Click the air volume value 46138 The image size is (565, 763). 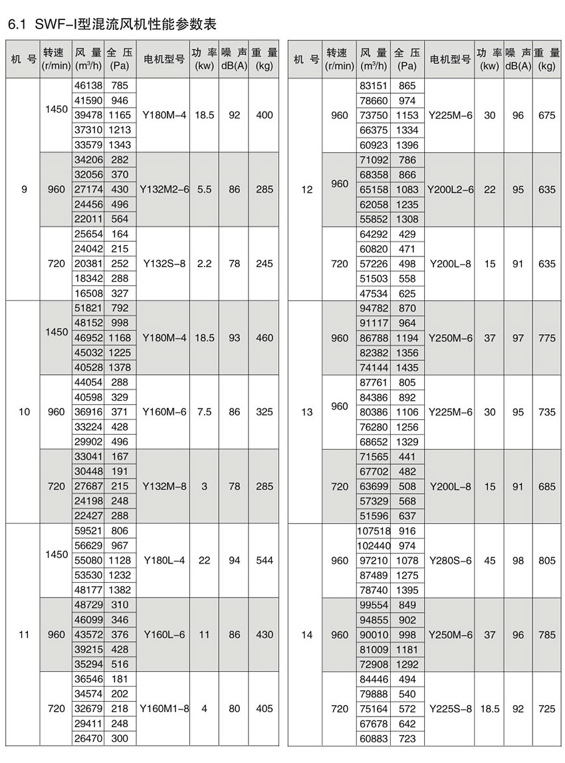(88, 86)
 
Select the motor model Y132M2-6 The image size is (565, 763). (165, 189)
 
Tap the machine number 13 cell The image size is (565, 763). (306, 412)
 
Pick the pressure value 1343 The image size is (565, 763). (120, 145)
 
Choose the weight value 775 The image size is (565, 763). (546, 338)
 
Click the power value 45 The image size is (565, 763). (489, 561)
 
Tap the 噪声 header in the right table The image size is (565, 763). (518, 53)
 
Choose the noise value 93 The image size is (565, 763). (234, 338)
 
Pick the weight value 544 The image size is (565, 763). (264, 561)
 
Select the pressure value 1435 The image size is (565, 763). (407, 368)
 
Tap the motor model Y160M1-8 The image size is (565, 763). (165, 709)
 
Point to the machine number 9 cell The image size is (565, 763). (24, 189)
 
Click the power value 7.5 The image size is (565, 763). (204, 412)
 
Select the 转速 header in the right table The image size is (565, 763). (339, 53)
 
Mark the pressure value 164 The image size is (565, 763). (120, 235)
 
